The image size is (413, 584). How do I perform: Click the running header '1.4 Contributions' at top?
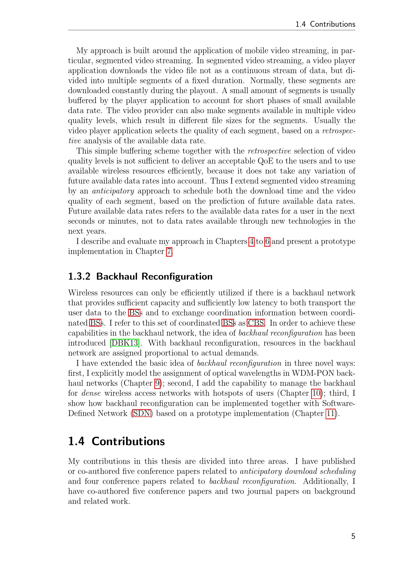pos(325,24)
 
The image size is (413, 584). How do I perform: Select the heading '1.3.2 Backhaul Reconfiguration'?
pos(140,276)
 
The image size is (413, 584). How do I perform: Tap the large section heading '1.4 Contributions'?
pos(116,441)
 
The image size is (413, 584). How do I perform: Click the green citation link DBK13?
pos(125,343)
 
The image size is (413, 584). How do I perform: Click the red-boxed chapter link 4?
pos(251,241)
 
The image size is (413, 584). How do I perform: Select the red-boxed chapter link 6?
pos(267,241)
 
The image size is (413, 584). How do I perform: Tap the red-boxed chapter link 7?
pos(169,252)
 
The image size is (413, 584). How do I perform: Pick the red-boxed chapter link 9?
pos(158,383)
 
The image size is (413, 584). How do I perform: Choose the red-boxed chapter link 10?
pos(316,393)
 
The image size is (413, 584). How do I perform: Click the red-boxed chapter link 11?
pos(330,413)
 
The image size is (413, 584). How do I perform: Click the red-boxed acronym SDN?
pos(142,413)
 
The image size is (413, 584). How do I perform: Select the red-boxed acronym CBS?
pos(256,323)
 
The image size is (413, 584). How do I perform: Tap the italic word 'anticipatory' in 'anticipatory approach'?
pos(113,191)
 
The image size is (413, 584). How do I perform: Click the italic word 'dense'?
pos(91,393)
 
